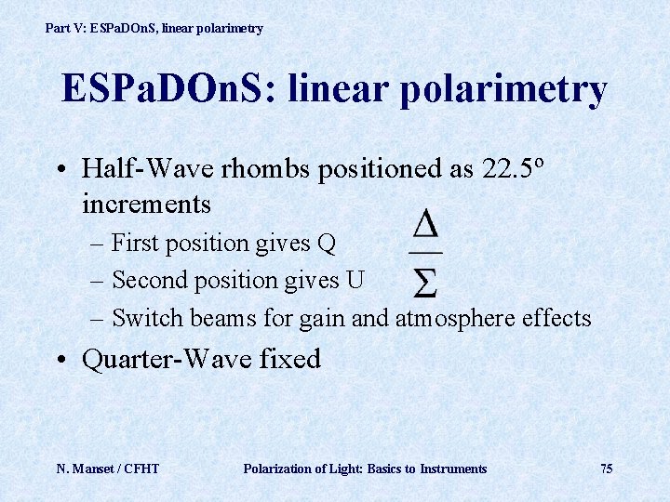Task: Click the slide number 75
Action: pyautogui.click(x=606, y=469)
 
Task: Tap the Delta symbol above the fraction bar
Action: pyautogui.click(x=426, y=226)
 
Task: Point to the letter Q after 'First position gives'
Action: pyautogui.click(x=326, y=244)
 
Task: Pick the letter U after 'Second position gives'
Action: pyautogui.click(x=355, y=280)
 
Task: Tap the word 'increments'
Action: pyautogui.click(x=146, y=203)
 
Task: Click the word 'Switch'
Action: pyautogui.click(x=148, y=318)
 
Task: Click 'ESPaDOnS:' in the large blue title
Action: pyautogui.click(x=168, y=89)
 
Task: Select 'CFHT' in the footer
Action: pyautogui.click(x=141, y=469)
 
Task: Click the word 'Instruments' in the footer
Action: pyautogui.click(x=453, y=469)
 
